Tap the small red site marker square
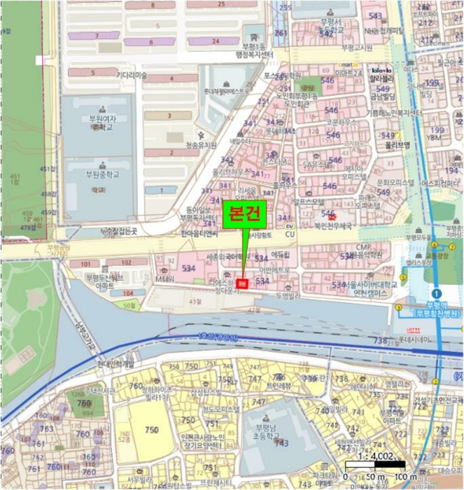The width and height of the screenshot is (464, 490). (x=242, y=283)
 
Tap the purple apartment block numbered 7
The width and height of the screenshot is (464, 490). (x=97, y=35)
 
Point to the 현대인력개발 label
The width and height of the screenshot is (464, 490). (x=115, y=363)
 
